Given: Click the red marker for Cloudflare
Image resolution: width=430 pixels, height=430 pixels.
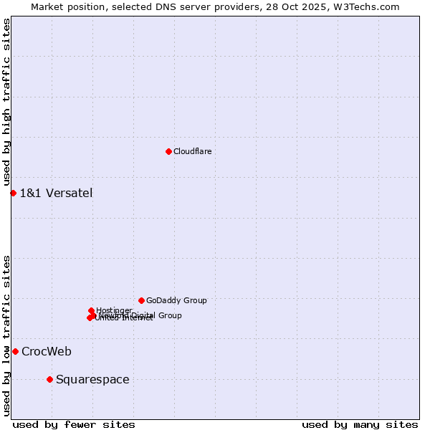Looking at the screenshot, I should [x=168, y=151].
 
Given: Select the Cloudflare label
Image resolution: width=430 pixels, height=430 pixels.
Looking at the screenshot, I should [x=192, y=151].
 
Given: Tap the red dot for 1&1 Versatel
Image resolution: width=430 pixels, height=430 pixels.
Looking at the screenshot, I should [x=13, y=193].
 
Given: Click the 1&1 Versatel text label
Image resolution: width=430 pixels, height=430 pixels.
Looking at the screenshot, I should [x=56, y=193].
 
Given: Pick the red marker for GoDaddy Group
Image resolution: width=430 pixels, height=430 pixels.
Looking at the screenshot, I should [x=141, y=300].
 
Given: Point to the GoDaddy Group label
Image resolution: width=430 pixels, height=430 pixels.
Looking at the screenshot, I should [x=176, y=300].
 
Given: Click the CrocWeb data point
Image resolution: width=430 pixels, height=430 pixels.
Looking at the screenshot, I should [x=15, y=351].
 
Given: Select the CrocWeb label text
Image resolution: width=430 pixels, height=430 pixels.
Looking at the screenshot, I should [x=47, y=351].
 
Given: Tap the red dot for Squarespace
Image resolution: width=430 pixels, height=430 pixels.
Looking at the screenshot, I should [x=49, y=379].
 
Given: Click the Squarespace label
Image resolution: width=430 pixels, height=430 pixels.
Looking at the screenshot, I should [x=92, y=379].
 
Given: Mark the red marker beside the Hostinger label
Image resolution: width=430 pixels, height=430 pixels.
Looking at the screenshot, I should [x=91, y=310].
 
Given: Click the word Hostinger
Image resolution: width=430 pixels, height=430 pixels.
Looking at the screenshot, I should [x=115, y=310].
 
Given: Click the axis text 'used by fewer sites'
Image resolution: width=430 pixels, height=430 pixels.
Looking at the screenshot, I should [x=74, y=424].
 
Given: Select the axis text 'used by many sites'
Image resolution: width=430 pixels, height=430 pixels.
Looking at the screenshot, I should [x=360, y=424].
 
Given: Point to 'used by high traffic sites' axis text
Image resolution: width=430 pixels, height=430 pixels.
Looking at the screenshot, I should [x=7, y=102].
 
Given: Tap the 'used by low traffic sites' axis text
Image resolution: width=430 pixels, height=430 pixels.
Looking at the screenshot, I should [x=7, y=335].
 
